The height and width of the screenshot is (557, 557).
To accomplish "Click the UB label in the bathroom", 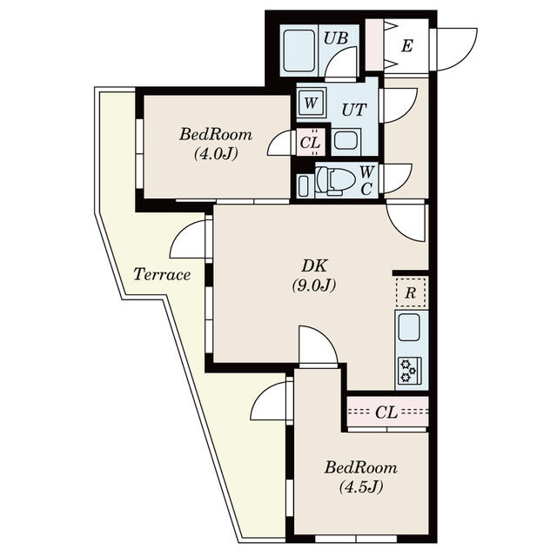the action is (335, 38).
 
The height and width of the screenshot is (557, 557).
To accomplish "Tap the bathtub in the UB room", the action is (299, 50).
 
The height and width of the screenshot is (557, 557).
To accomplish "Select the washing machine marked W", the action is (311, 104).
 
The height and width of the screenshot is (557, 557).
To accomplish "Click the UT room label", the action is (353, 110).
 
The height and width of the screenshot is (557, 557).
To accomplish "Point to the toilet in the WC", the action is (334, 180).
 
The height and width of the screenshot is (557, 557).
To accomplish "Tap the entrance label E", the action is (407, 46).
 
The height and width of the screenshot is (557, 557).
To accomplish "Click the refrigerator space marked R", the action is (410, 292).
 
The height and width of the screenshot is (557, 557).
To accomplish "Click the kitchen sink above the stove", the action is (409, 327).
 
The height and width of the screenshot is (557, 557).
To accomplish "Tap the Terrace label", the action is (162, 274).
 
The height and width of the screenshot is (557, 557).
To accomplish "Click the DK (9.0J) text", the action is (314, 275).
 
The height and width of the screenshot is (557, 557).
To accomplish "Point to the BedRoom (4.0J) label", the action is (216, 144).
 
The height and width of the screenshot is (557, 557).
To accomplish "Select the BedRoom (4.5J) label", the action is (361, 477).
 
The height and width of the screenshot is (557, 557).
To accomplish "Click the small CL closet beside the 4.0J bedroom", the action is (311, 142).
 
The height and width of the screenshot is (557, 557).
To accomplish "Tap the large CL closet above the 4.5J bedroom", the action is (387, 412).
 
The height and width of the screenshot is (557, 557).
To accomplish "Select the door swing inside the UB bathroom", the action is (340, 62).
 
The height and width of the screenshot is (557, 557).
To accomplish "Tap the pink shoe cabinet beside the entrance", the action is (374, 44).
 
